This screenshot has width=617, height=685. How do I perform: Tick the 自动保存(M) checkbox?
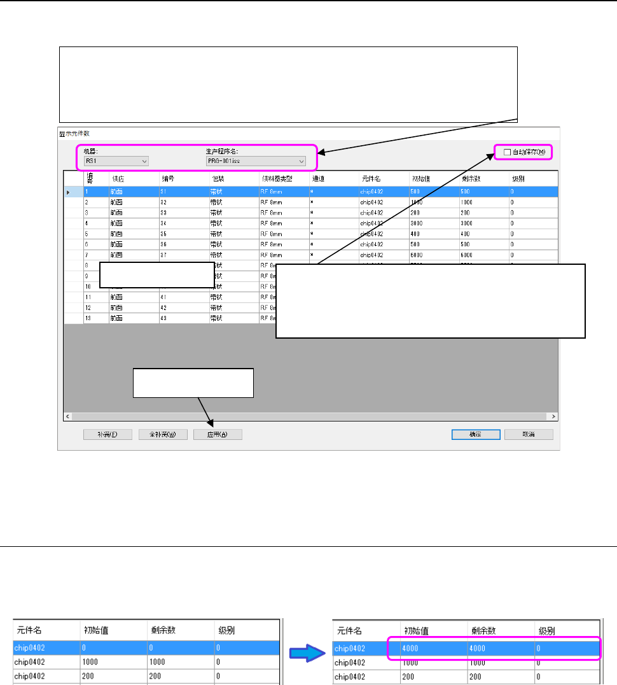coord(507,152)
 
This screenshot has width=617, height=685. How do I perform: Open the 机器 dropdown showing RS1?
coord(116,162)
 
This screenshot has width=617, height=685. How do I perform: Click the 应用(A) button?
coord(218,435)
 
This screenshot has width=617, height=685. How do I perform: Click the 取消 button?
coord(529,435)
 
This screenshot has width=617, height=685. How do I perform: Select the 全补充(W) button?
coord(163,435)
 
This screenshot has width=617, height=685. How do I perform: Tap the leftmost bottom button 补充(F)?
coord(107,435)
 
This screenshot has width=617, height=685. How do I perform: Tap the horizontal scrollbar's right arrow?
coord(553,416)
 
